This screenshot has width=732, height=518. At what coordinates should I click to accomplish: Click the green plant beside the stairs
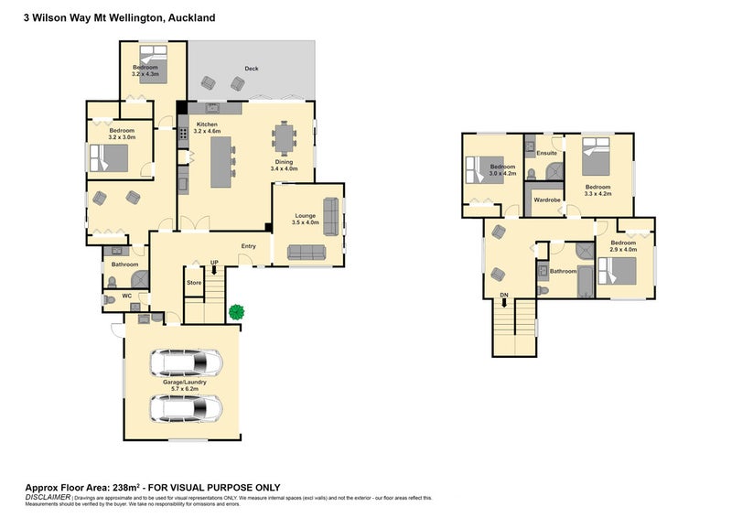coord(238,312)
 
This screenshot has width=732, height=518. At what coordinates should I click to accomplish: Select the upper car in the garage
coord(186,363)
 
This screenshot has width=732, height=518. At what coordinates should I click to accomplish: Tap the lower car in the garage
coord(186,407)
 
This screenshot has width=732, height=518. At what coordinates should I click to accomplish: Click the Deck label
coord(251,70)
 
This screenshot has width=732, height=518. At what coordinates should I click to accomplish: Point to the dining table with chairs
coord(285,141)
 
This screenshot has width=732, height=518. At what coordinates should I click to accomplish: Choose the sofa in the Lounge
coord(306,253)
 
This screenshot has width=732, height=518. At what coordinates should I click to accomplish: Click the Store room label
coord(194,283)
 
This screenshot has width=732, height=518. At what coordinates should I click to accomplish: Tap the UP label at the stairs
coord(214,264)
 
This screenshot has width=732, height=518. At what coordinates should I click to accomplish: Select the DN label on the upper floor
coord(503,295)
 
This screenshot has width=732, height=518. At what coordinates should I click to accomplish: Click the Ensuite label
coord(547,152)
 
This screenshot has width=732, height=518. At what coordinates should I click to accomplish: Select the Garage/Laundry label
coord(183,385)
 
